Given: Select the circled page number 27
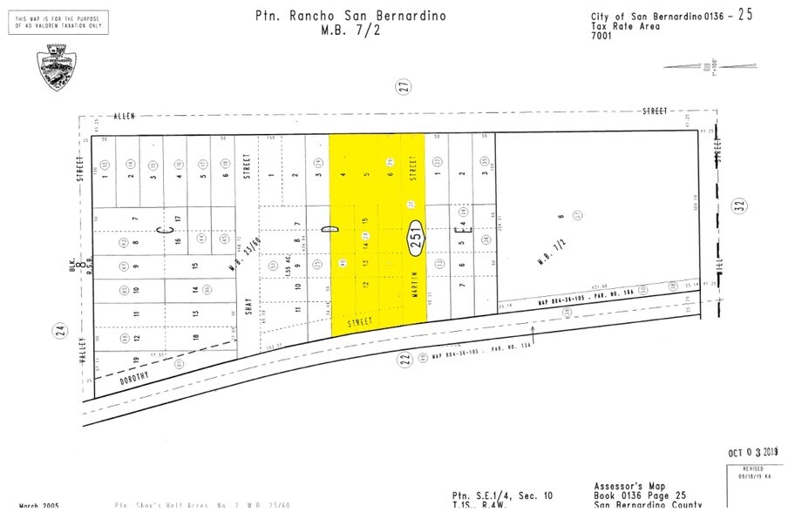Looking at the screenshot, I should tap(403, 85).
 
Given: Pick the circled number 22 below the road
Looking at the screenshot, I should tap(404, 360).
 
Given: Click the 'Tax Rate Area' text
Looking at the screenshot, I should tap(625, 26).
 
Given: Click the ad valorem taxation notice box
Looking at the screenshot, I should tap(58, 23).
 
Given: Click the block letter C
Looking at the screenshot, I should tap(161, 229).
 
